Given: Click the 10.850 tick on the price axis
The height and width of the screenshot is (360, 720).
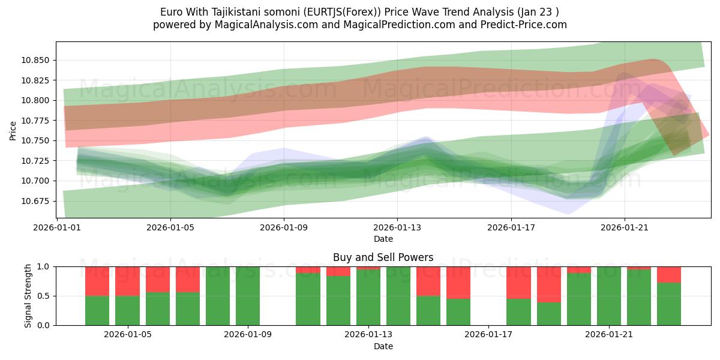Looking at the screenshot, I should (37, 60).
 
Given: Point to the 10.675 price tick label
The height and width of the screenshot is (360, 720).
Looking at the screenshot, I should (37, 201).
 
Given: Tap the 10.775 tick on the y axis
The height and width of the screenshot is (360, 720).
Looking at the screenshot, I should (37, 121).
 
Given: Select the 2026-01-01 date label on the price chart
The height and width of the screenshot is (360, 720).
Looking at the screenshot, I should (57, 228).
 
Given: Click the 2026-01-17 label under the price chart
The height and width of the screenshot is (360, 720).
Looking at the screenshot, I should (511, 228).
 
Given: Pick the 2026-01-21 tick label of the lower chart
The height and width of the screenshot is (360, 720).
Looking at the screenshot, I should (609, 335).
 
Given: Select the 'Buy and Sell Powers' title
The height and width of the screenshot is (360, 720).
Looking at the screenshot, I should (383, 257).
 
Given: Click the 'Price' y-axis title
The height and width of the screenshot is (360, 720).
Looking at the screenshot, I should (13, 130).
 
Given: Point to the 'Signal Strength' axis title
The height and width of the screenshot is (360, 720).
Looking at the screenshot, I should (28, 295).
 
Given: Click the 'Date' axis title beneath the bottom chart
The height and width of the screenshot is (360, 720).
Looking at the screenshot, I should (383, 346).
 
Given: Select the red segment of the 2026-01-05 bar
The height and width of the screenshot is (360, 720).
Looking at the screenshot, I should (127, 281).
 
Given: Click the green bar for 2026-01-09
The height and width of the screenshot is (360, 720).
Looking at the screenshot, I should (248, 296).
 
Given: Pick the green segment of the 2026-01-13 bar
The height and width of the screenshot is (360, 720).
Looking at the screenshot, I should (368, 298).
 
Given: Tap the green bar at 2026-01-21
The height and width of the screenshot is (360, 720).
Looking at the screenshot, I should (609, 296).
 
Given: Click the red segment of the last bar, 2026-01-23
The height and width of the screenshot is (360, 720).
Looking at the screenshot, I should (669, 274).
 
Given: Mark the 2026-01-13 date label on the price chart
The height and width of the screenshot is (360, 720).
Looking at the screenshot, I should (397, 228).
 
